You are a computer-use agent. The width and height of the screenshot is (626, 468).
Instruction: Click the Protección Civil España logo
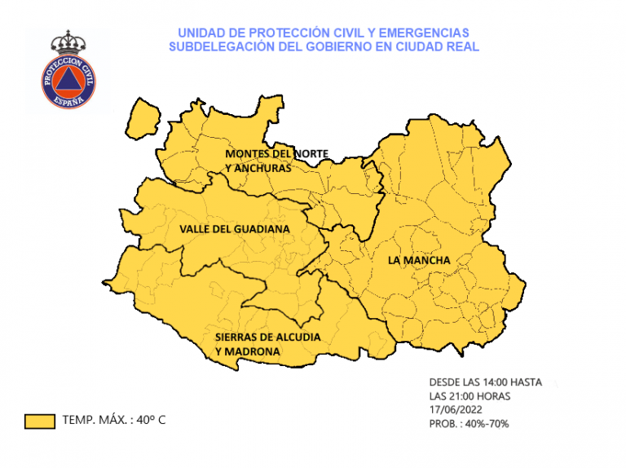click(x=68, y=73)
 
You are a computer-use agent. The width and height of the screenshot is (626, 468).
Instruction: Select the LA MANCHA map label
click(x=419, y=260)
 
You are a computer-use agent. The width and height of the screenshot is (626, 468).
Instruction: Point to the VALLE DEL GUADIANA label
click(x=234, y=229)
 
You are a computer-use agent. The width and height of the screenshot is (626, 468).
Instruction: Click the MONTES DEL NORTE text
click(x=276, y=153)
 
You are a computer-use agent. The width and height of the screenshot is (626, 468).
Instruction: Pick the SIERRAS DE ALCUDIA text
click(x=267, y=336)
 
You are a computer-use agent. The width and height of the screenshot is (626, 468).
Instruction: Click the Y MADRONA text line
click(x=248, y=351)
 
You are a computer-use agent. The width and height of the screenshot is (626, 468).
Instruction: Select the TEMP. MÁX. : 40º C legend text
click(x=113, y=421)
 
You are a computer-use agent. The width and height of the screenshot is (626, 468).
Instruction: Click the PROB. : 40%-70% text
click(x=469, y=424)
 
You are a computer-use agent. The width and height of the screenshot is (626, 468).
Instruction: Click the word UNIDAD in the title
click(x=198, y=32)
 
